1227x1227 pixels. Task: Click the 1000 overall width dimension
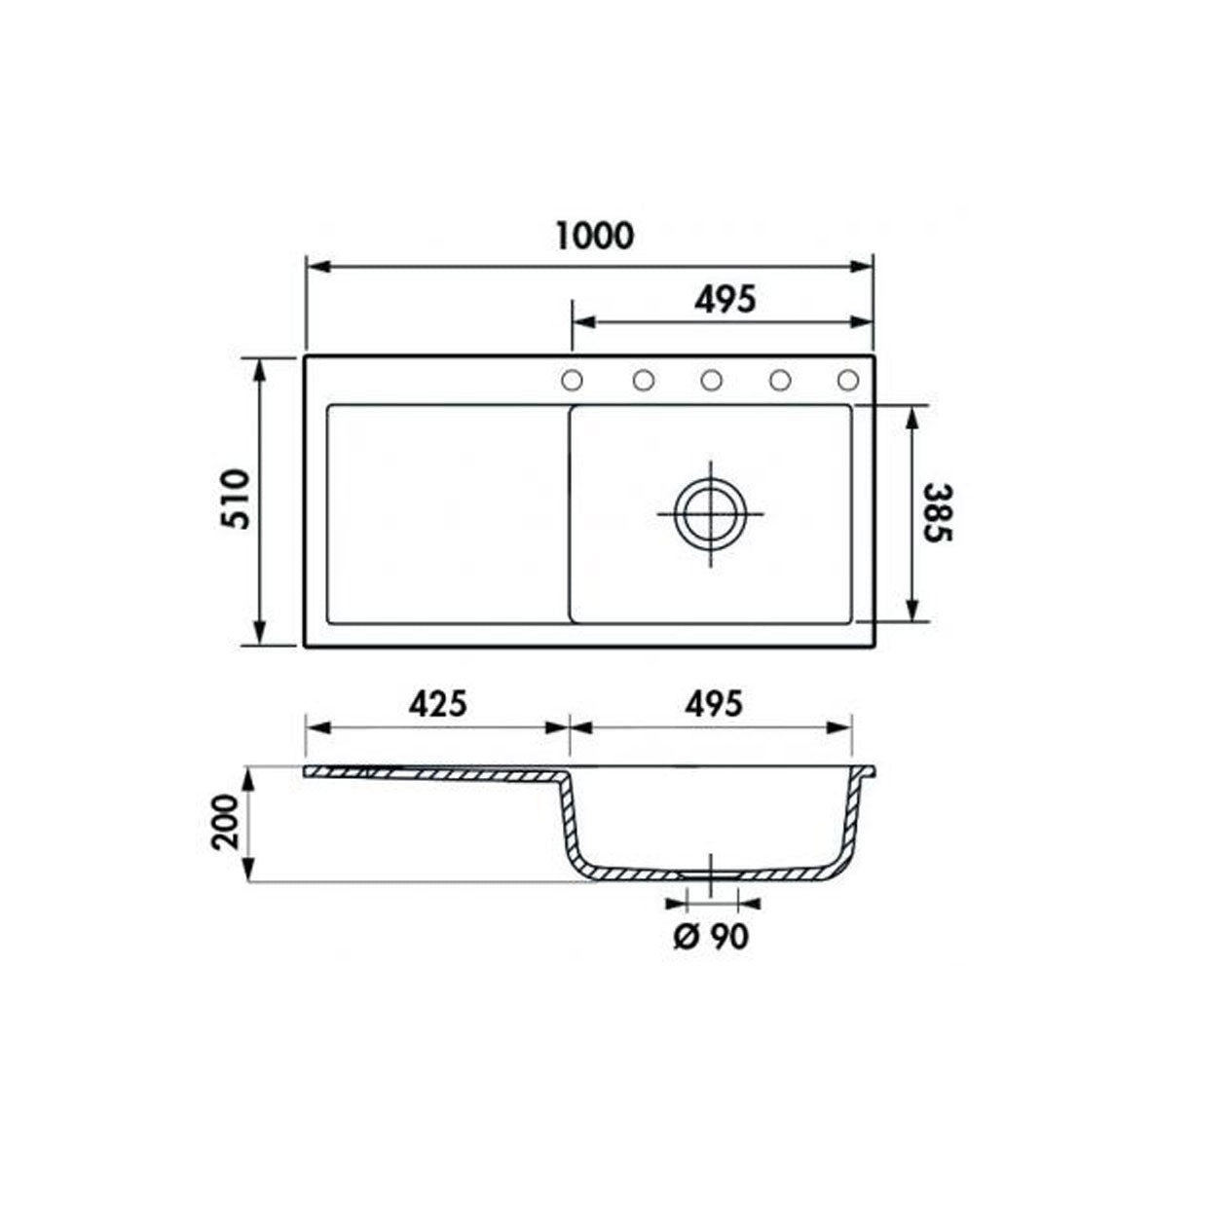click(x=595, y=236)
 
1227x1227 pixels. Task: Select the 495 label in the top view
click(x=725, y=299)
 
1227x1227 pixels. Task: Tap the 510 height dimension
click(x=236, y=500)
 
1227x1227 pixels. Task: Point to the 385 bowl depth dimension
click(x=938, y=512)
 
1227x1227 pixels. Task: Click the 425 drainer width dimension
click(x=437, y=704)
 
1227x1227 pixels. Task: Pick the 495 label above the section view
click(x=713, y=704)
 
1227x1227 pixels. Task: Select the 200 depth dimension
click(x=225, y=822)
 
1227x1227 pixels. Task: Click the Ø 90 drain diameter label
click(x=711, y=936)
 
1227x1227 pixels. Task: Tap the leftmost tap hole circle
click(x=572, y=380)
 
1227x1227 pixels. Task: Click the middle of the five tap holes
click(x=711, y=380)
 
